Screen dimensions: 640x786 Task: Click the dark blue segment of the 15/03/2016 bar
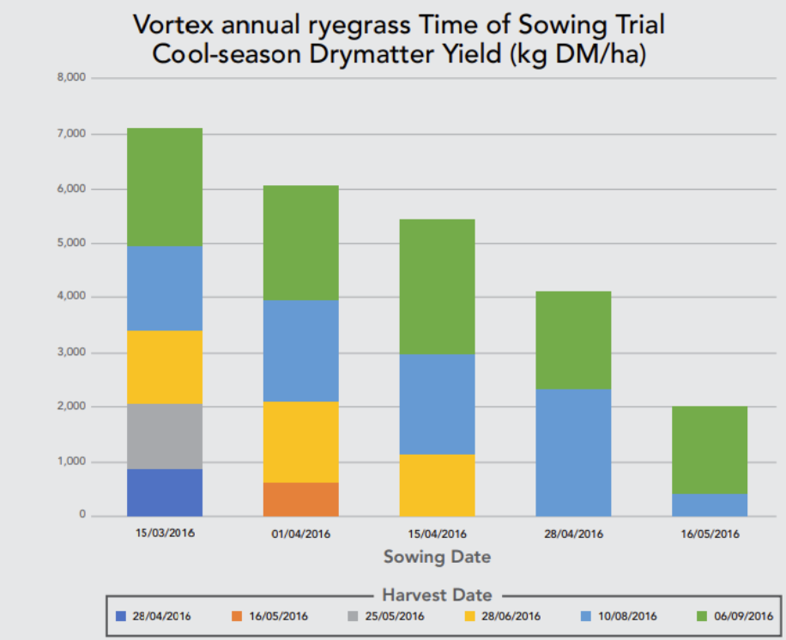point(165,492)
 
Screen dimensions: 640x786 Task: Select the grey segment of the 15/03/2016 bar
point(165,437)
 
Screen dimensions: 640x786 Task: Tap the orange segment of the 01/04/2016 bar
point(300,499)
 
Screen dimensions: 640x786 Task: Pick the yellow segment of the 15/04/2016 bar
point(437,485)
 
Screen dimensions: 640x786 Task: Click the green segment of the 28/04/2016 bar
point(573,341)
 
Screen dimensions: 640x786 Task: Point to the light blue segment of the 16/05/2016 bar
point(710,504)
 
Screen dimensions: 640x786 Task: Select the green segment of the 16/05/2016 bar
point(710,450)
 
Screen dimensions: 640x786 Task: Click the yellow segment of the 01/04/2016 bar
point(300,442)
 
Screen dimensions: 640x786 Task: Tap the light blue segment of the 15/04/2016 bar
point(437,404)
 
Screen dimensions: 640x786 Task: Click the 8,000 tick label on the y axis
point(70,78)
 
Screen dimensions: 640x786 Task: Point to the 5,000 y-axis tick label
point(70,243)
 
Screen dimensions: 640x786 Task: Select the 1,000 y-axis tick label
point(70,462)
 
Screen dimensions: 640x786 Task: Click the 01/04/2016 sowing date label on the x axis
point(300,534)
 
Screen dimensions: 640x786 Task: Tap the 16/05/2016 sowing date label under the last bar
point(710,534)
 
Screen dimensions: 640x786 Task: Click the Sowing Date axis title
point(437,557)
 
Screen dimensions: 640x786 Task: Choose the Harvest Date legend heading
point(437,595)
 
